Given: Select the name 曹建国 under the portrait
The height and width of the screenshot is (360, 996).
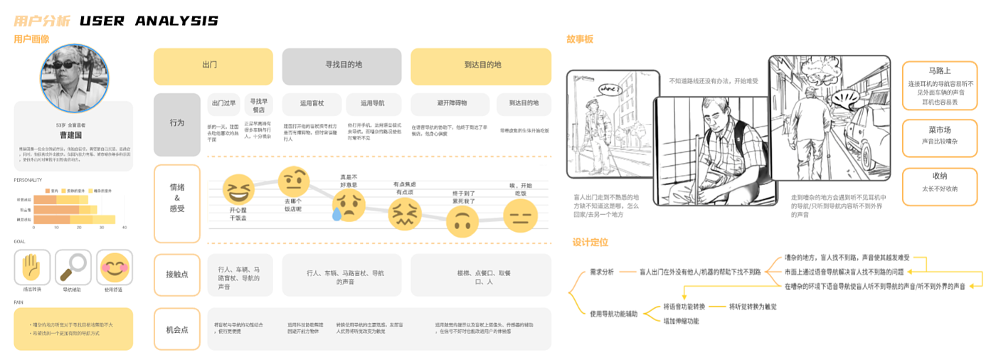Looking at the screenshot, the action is click(70, 133).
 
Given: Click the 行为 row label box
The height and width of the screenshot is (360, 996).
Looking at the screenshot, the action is click(177, 123).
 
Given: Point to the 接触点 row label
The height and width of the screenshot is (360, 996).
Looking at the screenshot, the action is click(177, 274).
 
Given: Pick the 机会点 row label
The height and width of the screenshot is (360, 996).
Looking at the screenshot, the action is click(177, 329).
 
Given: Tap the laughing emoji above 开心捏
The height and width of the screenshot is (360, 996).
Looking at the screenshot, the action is click(238, 190).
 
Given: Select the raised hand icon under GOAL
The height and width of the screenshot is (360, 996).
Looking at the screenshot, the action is click(32, 267).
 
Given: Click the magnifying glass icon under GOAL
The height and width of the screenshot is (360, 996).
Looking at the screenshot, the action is click(73, 267).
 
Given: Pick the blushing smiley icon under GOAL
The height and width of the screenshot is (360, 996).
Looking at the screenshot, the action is click(114, 267).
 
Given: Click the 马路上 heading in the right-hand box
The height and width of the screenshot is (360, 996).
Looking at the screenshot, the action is click(939, 71).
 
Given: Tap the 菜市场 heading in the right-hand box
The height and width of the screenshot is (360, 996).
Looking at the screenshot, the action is click(939, 130).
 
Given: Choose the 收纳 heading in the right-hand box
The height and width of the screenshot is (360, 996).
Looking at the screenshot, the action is click(939, 176).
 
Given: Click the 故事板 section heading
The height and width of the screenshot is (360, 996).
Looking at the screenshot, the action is click(580, 38).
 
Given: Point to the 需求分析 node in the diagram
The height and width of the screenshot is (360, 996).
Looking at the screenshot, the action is click(602, 271).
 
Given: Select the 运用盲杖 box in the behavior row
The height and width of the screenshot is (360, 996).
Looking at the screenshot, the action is click(312, 103).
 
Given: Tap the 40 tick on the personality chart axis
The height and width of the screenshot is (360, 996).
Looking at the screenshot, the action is click(124, 227).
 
